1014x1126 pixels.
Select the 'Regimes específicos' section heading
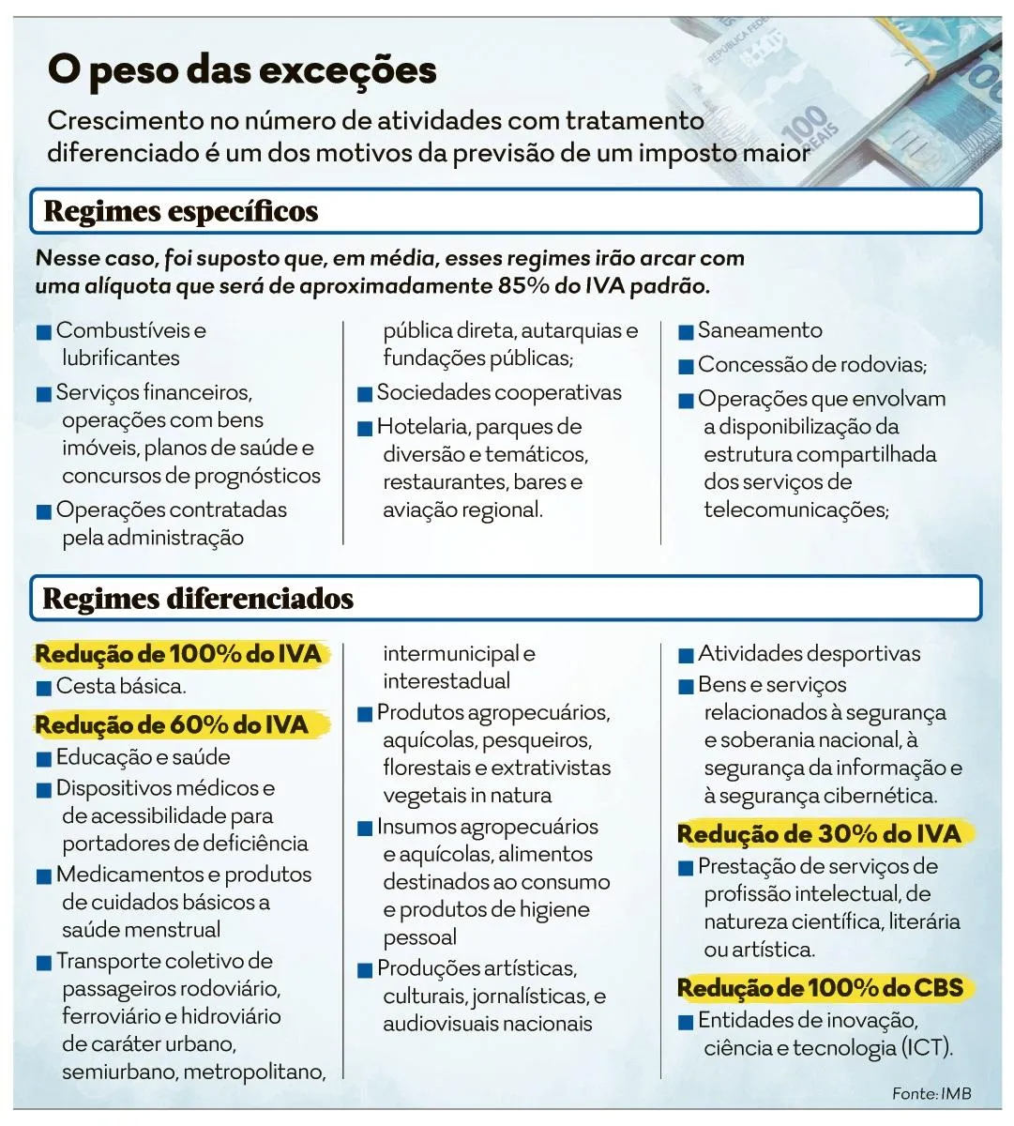point(181,211)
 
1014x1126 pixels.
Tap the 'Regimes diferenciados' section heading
point(198,599)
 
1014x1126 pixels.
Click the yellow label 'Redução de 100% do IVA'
point(178,654)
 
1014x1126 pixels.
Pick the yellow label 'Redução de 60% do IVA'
point(172,724)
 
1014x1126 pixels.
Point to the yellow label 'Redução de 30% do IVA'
point(819,834)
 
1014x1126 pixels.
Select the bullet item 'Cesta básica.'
point(121,686)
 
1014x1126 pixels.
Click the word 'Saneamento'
point(760,330)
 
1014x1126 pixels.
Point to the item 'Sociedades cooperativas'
point(499,392)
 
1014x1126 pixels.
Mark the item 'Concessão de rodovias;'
point(811,364)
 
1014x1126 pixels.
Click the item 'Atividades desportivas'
point(809,653)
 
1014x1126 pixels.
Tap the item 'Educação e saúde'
point(143,757)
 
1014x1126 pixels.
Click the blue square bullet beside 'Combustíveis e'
point(43,332)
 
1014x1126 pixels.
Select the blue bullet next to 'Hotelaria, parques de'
point(365,429)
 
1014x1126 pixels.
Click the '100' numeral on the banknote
point(804,123)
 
